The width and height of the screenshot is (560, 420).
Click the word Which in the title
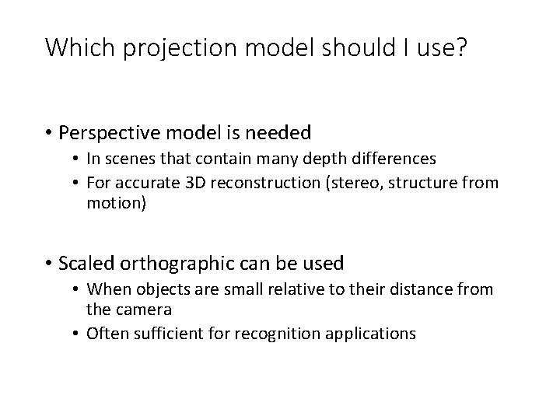click(72, 48)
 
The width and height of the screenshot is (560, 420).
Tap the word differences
click(384, 159)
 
